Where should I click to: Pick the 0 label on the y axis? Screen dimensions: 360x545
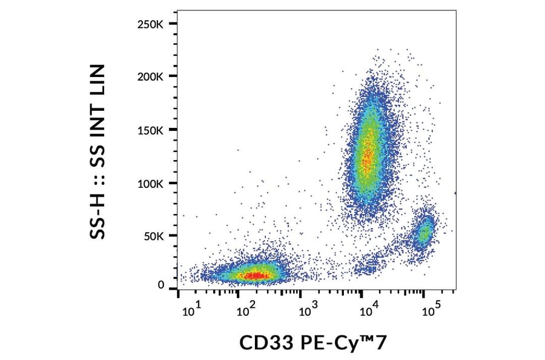[x=161, y=284]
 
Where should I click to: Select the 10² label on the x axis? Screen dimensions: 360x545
[x=245, y=311]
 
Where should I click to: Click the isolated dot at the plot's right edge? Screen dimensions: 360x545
[x=455, y=193]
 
